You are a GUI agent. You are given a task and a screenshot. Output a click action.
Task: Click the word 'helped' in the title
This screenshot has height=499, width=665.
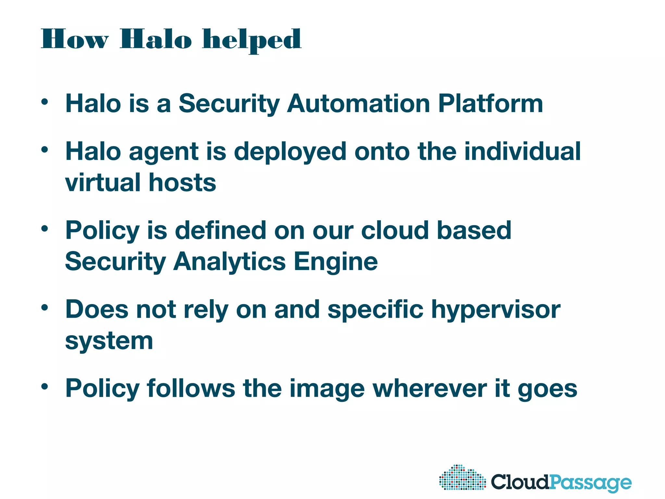tap(252, 40)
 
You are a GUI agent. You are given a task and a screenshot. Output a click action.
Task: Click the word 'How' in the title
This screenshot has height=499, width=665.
tap(75, 39)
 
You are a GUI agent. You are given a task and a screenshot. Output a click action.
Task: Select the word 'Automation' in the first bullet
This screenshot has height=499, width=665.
tap(358, 104)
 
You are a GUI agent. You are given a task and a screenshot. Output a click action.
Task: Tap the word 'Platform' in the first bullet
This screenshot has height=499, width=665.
tap(490, 104)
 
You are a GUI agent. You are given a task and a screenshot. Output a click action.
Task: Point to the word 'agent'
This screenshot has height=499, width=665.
tap(163, 152)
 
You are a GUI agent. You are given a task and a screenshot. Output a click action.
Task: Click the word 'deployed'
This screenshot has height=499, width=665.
tap(290, 152)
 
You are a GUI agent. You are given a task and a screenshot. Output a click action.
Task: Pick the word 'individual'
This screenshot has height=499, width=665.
tap(522, 151)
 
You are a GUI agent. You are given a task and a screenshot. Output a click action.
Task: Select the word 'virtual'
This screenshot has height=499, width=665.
tap(103, 183)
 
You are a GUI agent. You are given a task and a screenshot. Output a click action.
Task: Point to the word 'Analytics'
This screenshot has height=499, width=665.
tap(229, 262)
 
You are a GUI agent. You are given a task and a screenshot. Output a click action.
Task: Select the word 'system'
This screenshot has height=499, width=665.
tap(109, 341)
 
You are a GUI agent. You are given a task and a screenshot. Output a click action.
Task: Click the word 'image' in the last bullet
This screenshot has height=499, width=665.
tap(327, 389)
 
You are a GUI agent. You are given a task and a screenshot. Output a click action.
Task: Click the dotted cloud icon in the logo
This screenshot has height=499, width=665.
tap(462, 478)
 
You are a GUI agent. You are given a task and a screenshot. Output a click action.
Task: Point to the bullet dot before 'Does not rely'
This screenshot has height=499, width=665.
tap(45, 307)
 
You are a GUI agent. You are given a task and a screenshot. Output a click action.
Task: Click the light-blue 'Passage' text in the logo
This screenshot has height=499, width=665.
tap(591, 482)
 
